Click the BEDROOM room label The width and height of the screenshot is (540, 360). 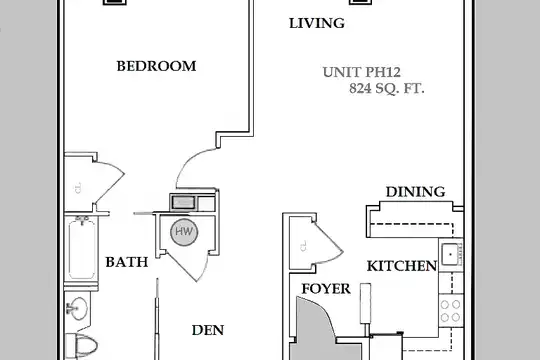156,66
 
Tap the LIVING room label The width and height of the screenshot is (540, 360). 317,23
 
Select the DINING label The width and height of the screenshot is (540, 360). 415,192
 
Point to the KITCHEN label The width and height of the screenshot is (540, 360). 402,266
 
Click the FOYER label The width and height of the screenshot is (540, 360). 326,289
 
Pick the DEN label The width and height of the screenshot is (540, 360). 208,330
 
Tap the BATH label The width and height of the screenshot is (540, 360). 127,262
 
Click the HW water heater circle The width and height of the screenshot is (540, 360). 184,232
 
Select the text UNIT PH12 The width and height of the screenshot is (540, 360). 362,72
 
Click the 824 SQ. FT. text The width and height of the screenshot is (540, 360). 387,89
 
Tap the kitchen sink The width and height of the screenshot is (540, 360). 450,254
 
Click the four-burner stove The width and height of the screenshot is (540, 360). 450,310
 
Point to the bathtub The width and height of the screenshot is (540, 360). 82,250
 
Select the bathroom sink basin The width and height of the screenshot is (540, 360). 79,308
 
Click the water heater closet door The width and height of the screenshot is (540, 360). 189,265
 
